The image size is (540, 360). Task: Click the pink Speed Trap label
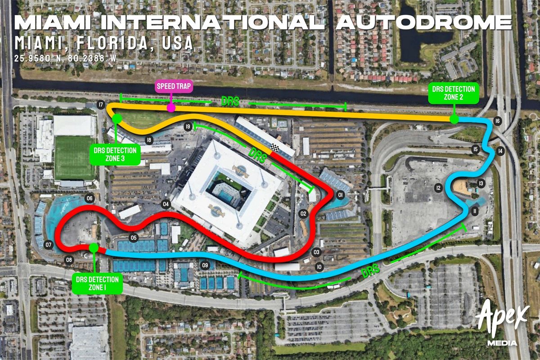pos(174,86)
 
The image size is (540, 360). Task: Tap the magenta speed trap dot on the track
pos(171,108)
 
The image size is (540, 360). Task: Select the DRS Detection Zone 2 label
pos(454,93)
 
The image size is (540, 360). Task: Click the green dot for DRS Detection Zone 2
pos(454,119)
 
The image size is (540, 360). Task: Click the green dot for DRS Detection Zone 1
pos(94,247)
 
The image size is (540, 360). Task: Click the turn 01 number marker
pos(340,195)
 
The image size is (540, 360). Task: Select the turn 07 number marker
pos(49,245)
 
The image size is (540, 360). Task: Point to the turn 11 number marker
pos(474,211)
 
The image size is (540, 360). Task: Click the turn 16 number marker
pos(497,121)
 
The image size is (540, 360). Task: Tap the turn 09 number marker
pos(205,265)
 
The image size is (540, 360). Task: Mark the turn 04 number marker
pos(166,204)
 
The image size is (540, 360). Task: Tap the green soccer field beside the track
pos(72,157)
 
